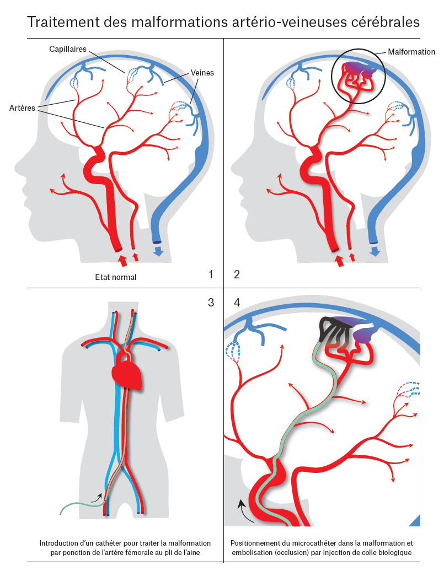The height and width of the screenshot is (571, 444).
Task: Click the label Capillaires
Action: tap(67, 49)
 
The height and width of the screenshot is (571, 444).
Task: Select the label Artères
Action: tap(22, 108)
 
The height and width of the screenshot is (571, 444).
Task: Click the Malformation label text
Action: tap(411, 52)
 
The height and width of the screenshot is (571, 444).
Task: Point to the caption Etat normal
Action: tap(116, 277)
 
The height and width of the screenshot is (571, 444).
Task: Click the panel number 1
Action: tap(210, 274)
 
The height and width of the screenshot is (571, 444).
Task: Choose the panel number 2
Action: tap(237, 274)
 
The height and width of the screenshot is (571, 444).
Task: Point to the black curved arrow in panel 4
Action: tap(243, 510)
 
